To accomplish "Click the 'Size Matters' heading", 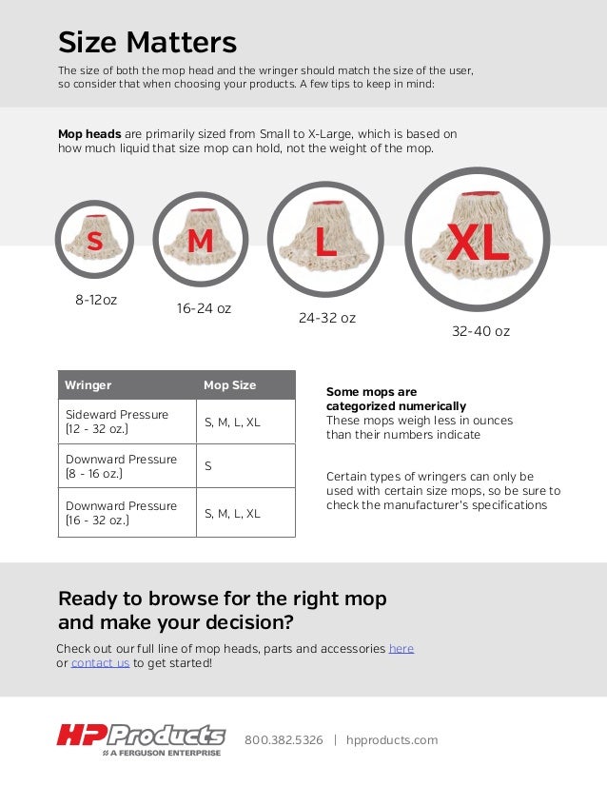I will pos(147,43).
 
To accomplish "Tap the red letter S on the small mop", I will pos(94,243).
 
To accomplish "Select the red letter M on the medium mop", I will pos(200,243).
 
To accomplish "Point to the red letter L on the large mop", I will pos(325,242).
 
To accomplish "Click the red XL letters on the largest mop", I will pos(479,244).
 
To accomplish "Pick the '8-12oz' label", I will pos(96,300).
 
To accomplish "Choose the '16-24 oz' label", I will pos(204,308).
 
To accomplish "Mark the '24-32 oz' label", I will pos(327,318).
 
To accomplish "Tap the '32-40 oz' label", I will pos(480,331).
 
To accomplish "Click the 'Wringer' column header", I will pos(88,385).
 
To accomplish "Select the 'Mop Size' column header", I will pos(229,385).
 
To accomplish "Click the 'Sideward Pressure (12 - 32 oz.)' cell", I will pos(117,422).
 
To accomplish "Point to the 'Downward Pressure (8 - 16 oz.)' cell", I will pos(121,466).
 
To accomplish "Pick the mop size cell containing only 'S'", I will pos(208,466).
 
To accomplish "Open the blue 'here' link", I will pos(401,648).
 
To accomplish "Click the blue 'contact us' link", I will pos(100,663).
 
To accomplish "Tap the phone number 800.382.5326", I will pos(284,740).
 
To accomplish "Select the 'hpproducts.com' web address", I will pos(392,740).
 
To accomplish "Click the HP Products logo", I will pos(141,738).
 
